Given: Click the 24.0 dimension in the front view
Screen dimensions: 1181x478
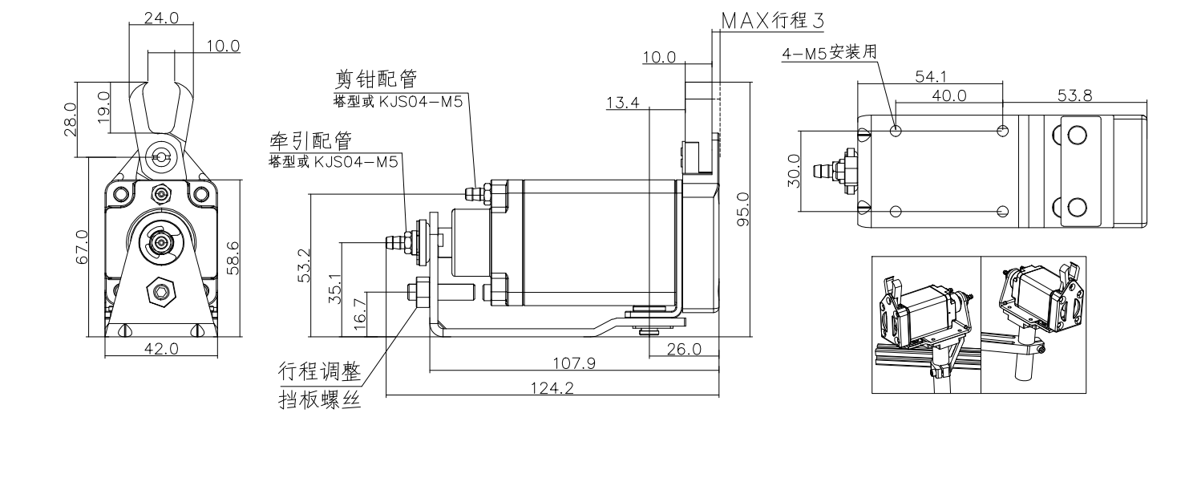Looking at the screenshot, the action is (161, 18).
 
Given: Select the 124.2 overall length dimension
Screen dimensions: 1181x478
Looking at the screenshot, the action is (552, 388).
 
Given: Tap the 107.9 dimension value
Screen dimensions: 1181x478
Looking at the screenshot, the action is (573, 363).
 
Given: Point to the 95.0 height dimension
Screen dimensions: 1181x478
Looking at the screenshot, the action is (743, 209).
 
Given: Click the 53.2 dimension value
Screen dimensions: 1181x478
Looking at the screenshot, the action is (304, 265).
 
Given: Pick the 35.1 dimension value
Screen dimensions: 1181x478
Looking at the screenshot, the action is (335, 288).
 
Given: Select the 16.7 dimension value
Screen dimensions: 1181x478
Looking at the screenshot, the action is (359, 314).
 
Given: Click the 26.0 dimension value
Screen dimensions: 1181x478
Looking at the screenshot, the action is (685, 349).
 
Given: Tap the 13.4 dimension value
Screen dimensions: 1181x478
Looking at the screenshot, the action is (623, 103).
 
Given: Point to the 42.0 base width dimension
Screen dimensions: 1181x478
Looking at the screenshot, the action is (161, 349).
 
